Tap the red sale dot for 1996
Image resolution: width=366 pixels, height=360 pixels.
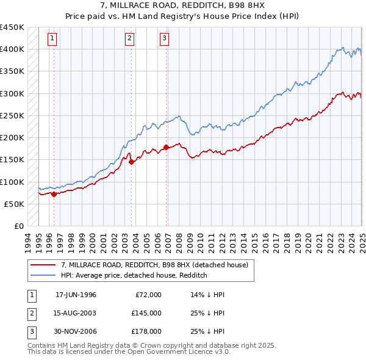(x=54, y=194)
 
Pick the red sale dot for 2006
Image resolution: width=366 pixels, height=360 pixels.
(x=167, y=147)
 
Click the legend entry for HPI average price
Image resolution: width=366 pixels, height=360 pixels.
(x=134, y=275)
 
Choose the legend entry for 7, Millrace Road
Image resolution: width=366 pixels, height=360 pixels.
(x=154, y=265)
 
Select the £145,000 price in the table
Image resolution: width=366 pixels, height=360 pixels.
(x=147, y=313)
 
